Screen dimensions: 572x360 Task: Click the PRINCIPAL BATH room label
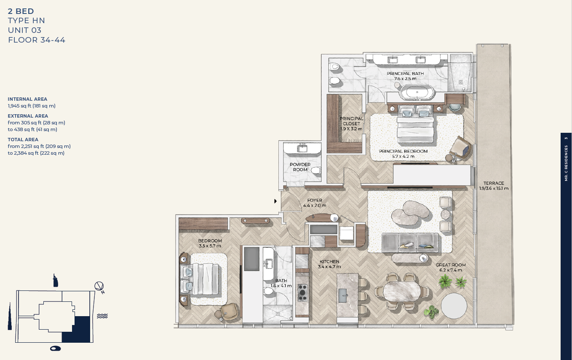405,76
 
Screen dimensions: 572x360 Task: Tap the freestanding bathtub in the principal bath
417,92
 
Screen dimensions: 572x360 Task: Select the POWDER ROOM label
300,167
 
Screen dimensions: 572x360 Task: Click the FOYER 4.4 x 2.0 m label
315,203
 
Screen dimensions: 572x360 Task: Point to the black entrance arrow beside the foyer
275,201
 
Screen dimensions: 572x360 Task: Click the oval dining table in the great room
402,291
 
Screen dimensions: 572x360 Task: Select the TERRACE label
494,186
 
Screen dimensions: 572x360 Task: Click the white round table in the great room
454,306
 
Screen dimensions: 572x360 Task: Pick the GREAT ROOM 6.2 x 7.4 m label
451,268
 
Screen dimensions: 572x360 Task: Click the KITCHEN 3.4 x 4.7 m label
329,264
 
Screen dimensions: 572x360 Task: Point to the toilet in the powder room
317,170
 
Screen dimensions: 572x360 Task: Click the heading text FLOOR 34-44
37,40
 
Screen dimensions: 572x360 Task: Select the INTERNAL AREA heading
27,99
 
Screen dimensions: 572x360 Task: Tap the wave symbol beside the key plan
102,316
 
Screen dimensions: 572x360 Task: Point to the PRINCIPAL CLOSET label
351,124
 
